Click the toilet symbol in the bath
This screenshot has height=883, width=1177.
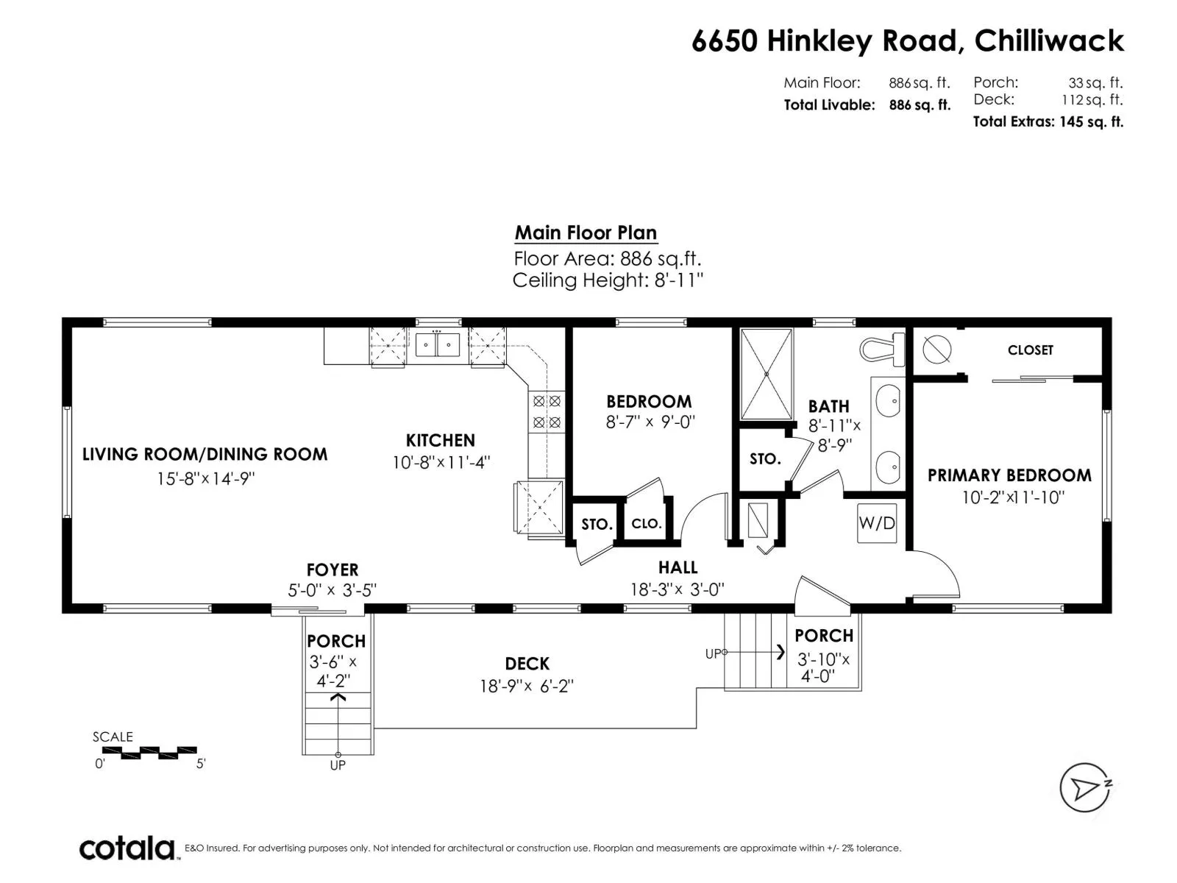pos(882,350)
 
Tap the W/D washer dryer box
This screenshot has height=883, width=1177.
pos(877,522)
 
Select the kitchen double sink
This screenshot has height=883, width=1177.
pos(437,344)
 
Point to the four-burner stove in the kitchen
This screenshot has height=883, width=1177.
pos(547,411)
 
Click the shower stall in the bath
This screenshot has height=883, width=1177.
pos(767,375)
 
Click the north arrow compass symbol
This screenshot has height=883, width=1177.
pos(1084,787)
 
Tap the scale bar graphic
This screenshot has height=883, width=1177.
pos(149,753)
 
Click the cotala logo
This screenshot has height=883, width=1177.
pos(127,848)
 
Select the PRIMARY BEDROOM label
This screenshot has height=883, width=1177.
pos(1009,475)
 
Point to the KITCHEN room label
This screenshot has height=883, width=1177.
pos(440,441)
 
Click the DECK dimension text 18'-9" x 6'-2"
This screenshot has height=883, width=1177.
pos(527,687)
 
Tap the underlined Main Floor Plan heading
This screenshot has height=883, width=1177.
pos(586,233)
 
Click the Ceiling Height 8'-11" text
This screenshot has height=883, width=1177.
pos(608,280)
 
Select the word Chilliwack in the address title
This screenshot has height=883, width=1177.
pos(1049,40)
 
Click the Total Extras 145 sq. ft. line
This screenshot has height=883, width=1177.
pos(1048,121)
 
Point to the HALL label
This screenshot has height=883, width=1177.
pos(678,567)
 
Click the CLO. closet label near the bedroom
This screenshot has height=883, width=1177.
pos(646,524)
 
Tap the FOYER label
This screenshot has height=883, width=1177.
pos(333,570)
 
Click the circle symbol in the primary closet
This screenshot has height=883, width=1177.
pos(936,350)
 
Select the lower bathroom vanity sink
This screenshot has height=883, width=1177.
pos(888,467)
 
